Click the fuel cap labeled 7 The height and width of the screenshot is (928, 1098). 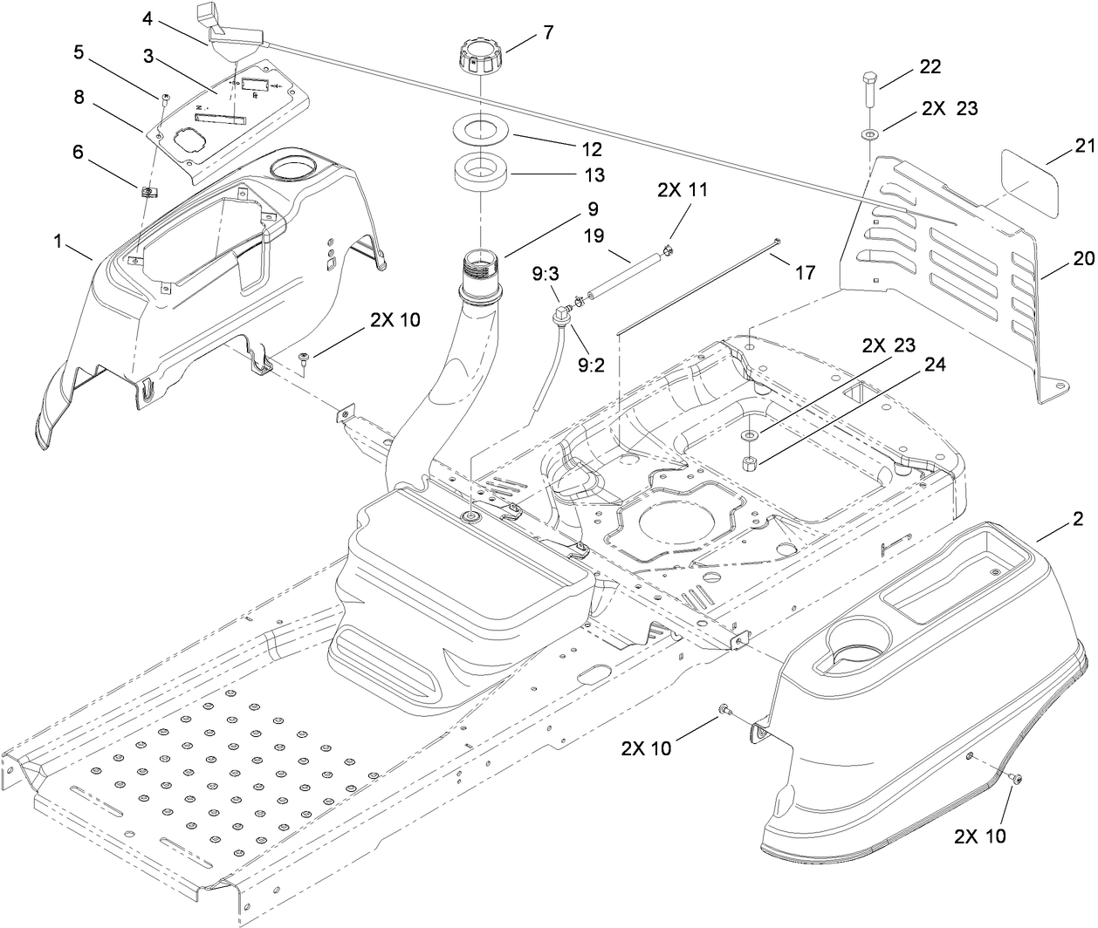tap(481, 61)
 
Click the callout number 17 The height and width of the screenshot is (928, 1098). tap(804, 273)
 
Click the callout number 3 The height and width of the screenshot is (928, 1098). tap(149, 56)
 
